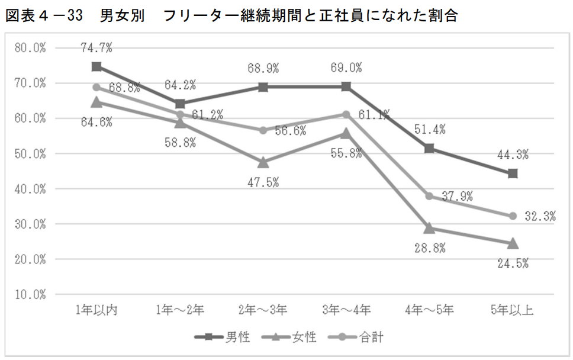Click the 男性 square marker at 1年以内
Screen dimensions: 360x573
click(x=96, y=66)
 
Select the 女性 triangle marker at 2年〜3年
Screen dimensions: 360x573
click(x=263, y=162)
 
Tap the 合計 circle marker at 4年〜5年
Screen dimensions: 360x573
click(x=429, y=196)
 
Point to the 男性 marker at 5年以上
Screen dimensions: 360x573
click(x=513, y=173)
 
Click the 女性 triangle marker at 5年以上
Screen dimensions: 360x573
click(x=513, y=243)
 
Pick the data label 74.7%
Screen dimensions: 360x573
click(x=97, y=48)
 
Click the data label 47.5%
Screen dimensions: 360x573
click(x=263, y=181)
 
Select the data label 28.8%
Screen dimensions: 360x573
click(x=430, y=247)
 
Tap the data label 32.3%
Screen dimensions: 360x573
click(x=540, y=217)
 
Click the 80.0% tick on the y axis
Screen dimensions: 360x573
click(x=30, y=48)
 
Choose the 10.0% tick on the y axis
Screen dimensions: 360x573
click(x=30, y=294)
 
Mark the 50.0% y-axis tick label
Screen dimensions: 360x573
click(x=30, y=153)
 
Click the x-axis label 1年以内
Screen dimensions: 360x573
click(x=96, y=310)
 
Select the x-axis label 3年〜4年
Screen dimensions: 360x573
click(x=346, y=310)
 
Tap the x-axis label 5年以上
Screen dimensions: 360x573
click(x=513, y=310)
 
